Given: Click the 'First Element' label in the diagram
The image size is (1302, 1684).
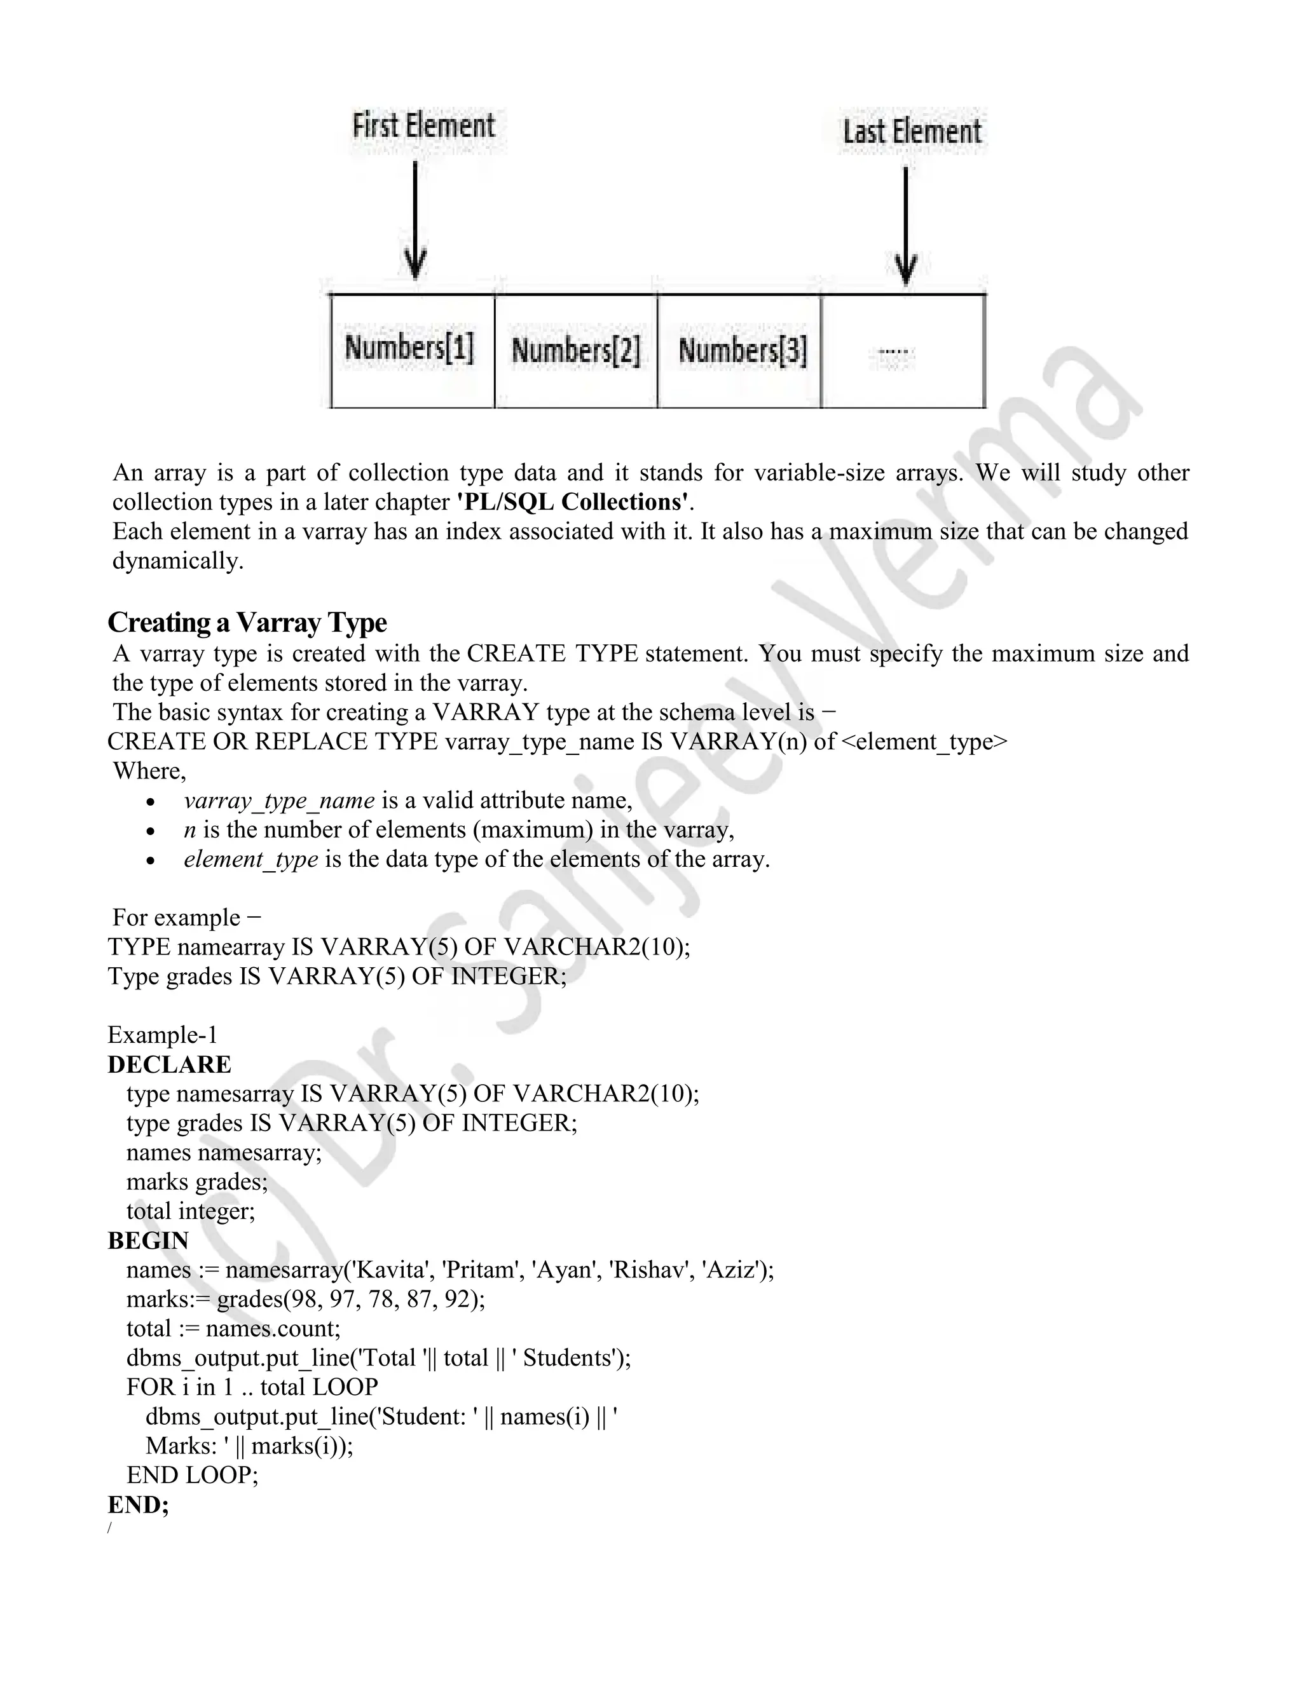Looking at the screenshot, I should tap(423, 126).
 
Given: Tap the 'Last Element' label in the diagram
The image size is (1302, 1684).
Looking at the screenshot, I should tap(912, 132).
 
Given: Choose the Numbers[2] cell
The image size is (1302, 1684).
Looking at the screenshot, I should tap(576, 351).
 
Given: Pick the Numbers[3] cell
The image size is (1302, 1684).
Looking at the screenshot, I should tap(741, 351).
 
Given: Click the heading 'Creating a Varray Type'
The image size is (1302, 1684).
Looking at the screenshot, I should tap(247, 622).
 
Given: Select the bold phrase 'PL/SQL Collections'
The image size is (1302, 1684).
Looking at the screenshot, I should tap(572, 502).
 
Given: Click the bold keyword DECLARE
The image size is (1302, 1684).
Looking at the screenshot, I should tap(169, 1065).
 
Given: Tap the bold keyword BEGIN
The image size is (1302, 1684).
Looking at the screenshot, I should tap(148, 1240).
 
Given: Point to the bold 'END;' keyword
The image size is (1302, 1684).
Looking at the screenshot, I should tap(138, 1504).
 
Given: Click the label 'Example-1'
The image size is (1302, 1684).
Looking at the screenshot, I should tap(163, 1035).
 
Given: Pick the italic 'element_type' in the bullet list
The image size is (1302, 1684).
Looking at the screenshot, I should tap(250, 860).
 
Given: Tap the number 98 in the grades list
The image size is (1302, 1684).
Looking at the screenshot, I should tap(303, 1300).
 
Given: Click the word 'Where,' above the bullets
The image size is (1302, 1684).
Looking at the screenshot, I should tap(149, 771).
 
